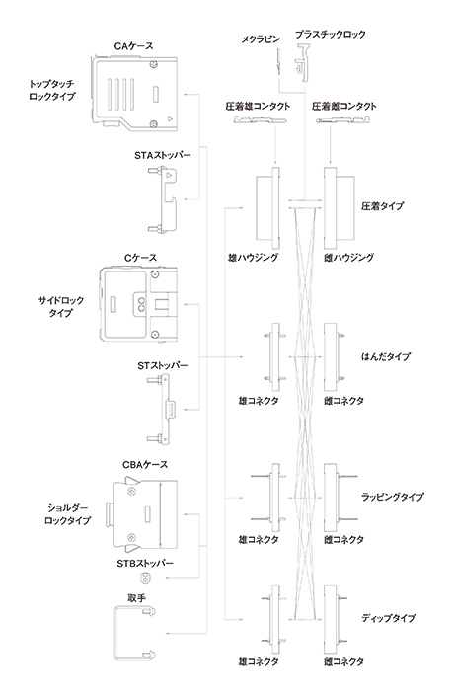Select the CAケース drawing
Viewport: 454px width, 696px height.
point(134,95)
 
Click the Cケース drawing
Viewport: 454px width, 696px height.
point(137,305)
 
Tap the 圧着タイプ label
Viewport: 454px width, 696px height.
point(383,209)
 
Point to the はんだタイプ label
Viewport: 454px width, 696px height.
point(386,356)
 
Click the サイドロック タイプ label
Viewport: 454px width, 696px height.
point(58,305)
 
